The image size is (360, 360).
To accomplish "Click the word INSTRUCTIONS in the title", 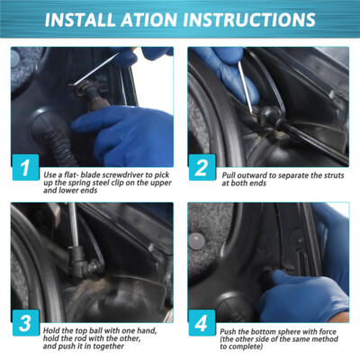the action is click(249, 20).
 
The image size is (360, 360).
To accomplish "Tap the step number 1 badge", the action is click(25, 167).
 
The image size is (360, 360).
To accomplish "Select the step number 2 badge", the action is click(202, 167).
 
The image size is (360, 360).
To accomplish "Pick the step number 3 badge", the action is click(25, 323).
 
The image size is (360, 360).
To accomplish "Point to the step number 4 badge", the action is click(202, 323).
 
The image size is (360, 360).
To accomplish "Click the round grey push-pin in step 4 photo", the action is click(197, 240).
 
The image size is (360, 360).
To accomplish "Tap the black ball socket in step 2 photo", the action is click(268, 114).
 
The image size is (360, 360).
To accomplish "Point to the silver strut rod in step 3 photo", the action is click(73, 225).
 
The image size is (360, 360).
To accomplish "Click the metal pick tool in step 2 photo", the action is click(247, 87).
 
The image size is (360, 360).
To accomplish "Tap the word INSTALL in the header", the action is click(80, 20).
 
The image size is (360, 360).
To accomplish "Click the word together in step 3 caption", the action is click(108, 346).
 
